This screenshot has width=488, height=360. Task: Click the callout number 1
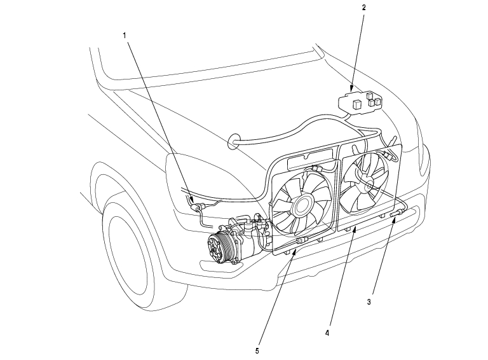(x=125, y=35)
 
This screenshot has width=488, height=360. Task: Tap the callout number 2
(x=363, y=8)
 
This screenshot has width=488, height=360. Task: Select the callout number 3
(x=369, y=302)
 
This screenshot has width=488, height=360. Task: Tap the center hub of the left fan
(x=301, y=204)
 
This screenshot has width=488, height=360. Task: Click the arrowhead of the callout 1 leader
(x=193, y=202)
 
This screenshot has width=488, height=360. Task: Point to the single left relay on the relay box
(x=358, y=99)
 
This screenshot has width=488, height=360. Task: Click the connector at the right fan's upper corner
(x=385, y=153)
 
